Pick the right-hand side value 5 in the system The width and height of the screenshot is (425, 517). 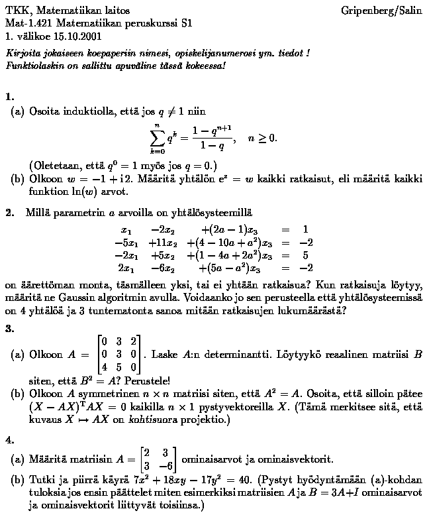[305, 255]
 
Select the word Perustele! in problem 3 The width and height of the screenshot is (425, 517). [149, 380]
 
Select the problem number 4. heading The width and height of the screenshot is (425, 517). [9, 420]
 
